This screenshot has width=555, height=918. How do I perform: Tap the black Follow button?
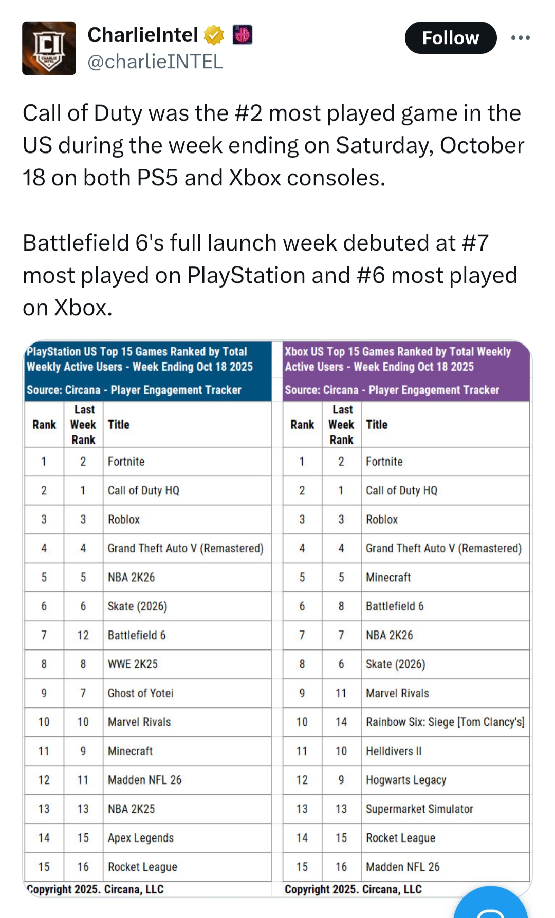click(x=450, y=38)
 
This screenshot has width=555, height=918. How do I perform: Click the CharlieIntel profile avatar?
click(x=49, y=48)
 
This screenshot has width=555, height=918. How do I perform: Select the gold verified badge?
click(x=214, y=35)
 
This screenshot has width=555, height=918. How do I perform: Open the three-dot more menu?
click(x=520, y=38)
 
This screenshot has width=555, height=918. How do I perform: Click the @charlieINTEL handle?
click(x=155, y=62)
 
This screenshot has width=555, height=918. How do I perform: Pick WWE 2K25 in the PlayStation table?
click(x=133, y=664)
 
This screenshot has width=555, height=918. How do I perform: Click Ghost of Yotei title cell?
click(x=140, y=693)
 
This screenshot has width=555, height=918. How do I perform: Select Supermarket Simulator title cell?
click(x=419, y=809)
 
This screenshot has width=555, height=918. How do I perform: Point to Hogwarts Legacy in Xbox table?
click(x=405, y=780)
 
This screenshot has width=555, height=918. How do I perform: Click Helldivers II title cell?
click(x=394, y=751)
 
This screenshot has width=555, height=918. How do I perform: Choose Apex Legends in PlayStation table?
click(x=140, y=838)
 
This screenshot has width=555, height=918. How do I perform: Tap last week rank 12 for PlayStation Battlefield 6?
click(x=83, y=635)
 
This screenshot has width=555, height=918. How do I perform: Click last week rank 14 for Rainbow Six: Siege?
click(x=341, y=722)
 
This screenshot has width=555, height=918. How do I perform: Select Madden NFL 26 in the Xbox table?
click(x=402, y=867)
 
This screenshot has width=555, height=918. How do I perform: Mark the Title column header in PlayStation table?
click(x=119, y=425)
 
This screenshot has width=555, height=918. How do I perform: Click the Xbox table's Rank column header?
click(x=302, y=425)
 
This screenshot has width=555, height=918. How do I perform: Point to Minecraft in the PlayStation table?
click(x=130, y=751)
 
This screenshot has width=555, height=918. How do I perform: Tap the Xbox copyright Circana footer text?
click(x=353, y=889)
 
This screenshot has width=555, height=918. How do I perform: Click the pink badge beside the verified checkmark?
click(x=242, y=35)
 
